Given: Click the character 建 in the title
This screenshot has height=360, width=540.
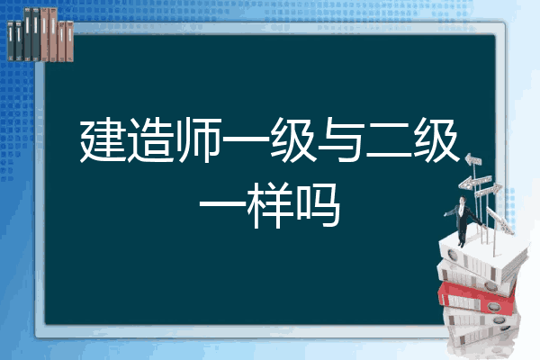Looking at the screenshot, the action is tap(103, 140).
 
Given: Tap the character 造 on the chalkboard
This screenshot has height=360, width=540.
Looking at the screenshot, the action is tap(151, 140).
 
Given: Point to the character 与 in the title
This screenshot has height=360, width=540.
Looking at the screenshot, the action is tap(341, 139).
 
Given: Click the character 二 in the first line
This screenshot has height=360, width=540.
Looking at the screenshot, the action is tap(389, 141).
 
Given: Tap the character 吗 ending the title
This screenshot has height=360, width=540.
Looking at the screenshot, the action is tap(319, 206).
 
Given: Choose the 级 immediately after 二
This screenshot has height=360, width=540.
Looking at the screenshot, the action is tap(437, 140).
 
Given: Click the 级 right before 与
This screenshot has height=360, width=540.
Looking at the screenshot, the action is tap(293, 140).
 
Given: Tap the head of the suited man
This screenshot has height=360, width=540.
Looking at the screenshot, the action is tap(463, 200).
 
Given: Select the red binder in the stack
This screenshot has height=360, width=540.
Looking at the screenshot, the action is tap(477, 297).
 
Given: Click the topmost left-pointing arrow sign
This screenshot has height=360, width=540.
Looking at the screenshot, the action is tap(473, 160).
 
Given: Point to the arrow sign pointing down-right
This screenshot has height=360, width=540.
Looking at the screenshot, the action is tap(500, 220).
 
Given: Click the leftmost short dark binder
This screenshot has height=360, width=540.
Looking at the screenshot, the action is tap(11, 41).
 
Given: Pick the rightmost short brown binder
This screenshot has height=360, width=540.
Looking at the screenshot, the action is tap(70, 41).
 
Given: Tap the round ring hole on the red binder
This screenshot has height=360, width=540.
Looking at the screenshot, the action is tap(493, 306).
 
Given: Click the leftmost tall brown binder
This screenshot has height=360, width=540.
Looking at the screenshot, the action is tap(44, 35).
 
